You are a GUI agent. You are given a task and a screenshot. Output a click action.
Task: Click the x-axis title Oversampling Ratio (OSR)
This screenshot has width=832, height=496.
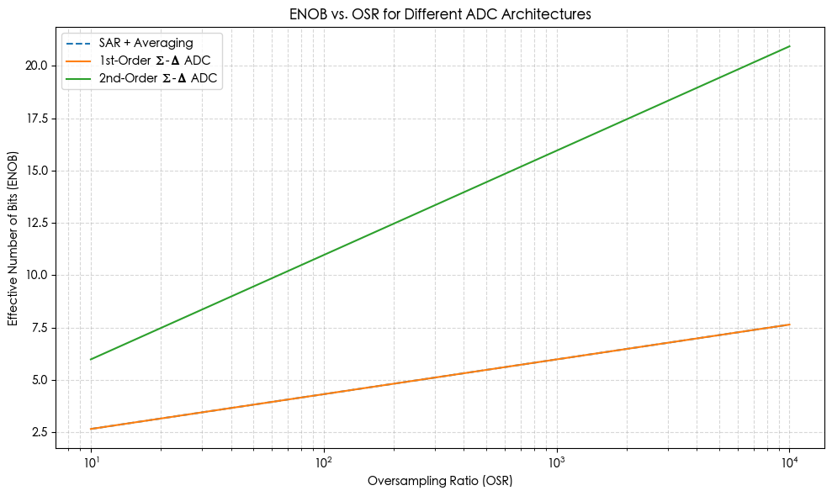coord(440,482)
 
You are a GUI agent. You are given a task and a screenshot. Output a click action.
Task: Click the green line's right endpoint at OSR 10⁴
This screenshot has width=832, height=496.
coord(790,46)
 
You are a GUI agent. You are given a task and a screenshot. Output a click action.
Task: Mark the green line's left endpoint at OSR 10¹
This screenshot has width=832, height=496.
coord(91,359)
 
